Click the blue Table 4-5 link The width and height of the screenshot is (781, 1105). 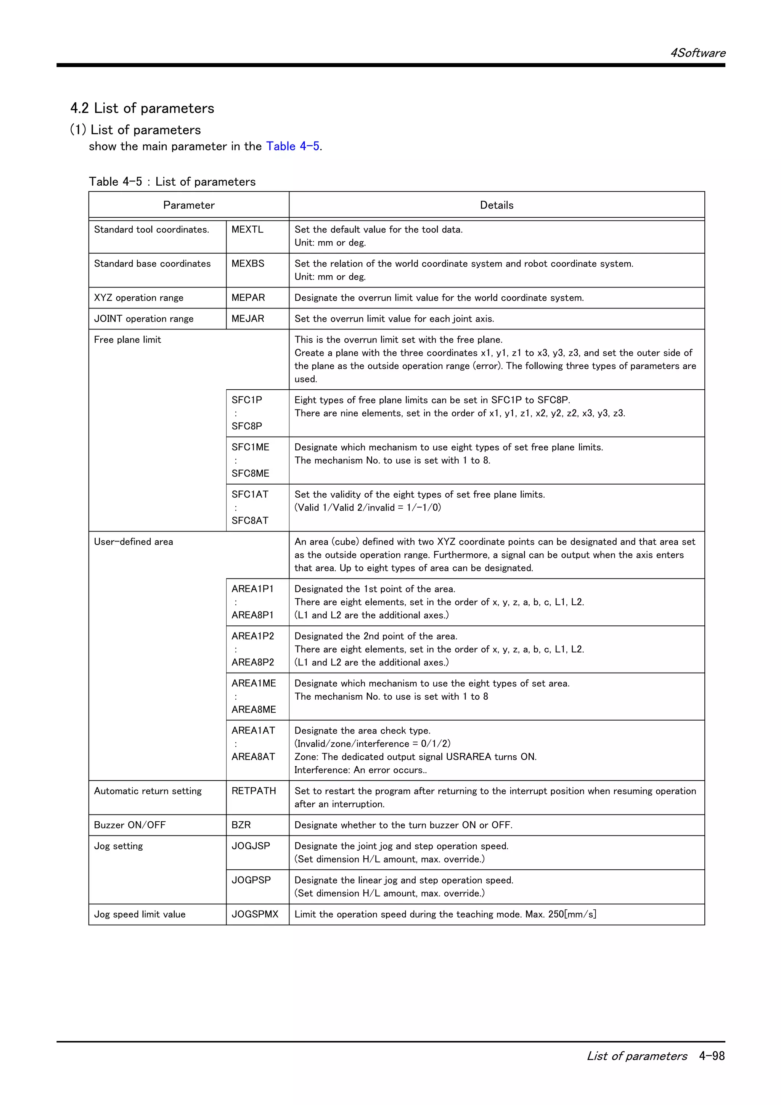click(292, 146)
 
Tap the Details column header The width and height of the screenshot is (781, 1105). click(496, 205)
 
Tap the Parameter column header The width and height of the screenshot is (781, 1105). click(189, 205)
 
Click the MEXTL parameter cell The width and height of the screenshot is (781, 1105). click(247, 230)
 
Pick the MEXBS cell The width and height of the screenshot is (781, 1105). click(248, 264)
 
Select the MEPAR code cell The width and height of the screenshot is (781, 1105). click(248, 298)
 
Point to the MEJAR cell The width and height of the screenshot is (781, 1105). click(248, 319)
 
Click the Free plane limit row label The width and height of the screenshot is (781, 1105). click(127, 340)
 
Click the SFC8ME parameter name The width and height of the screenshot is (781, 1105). click(250, 474)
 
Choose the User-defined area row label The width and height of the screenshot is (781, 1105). click(133, 542)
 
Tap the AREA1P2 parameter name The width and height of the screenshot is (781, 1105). click(252, 636)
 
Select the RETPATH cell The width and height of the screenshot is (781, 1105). click(254, 791)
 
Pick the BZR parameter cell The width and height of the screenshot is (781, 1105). click(241, 825)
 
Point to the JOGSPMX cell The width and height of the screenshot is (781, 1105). click(255, 914)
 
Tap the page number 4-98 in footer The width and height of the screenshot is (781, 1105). click(712, 1056)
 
